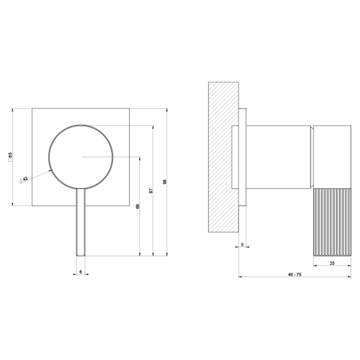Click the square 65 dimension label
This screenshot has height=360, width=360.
click(10, 158)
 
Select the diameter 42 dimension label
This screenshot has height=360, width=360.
click(24, 180)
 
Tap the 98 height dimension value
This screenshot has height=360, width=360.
click(165, 182)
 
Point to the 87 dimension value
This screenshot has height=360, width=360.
click(151, 191)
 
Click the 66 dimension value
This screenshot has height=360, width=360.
click(138, 206)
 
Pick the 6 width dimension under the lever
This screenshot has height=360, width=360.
click(80, 271)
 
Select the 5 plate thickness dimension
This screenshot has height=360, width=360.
click(242, 244)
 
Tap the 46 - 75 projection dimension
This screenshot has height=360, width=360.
click(294, 274)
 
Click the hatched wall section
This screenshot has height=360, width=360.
click(224, 157)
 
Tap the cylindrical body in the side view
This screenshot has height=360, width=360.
click(280, 157)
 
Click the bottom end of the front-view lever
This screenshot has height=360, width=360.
click(81, 255)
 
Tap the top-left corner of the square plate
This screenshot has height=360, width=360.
click(33, 109)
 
